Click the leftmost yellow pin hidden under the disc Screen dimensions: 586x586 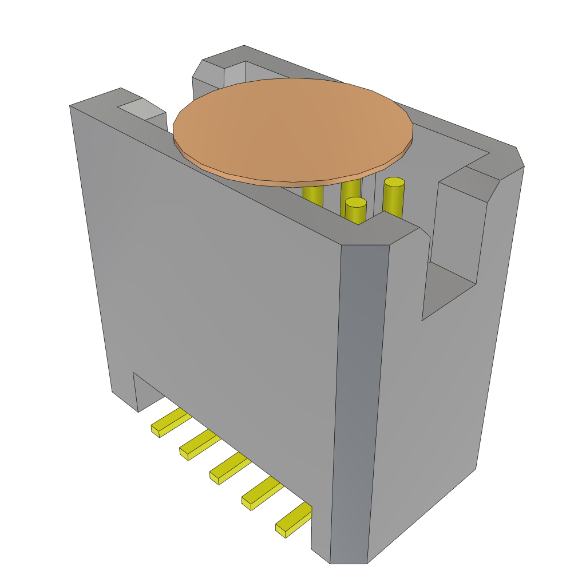click(312, 195)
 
